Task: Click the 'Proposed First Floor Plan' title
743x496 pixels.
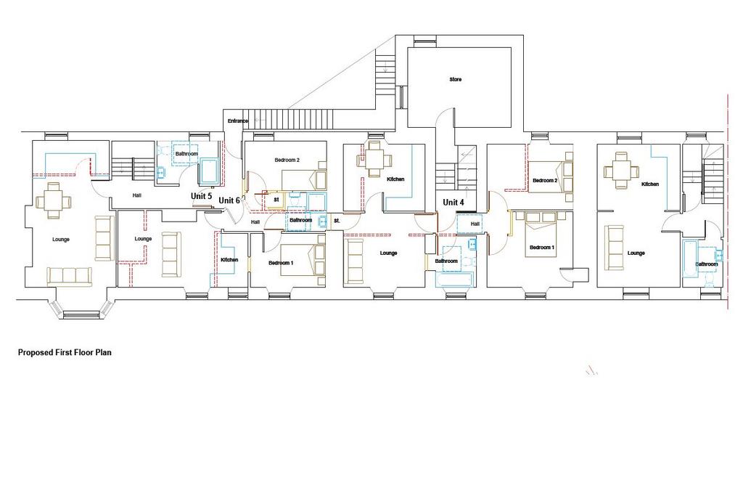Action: pyautogui.click(x=65, y=352)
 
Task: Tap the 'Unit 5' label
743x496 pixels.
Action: pyautogui.click(x=202, y=196)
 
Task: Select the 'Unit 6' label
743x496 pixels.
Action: pyautogui.click(x=229, y=200)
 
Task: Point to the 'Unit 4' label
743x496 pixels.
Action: pyautogui.click(x=453, y=203)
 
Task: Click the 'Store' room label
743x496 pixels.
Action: pyautogui.click(x=456, y=79)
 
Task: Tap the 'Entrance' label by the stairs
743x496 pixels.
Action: pyautogui.click(x=237, y=121)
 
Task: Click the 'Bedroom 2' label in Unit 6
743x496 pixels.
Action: pyautogui.click(x=287, y=160)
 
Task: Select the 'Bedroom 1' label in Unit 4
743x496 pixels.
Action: pyautogui.click(x=542, y=248)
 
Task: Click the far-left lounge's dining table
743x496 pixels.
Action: pyautogui.click(x=54, y=201)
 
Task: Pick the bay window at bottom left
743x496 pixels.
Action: pyautogui.click(x=81, y=309)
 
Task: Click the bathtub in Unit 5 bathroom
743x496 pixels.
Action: pyautogui.click(x=209, y=171)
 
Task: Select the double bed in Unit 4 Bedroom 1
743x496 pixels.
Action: pyautogui.click(x=542, y=235)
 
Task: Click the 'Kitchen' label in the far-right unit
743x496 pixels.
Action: pyautogui.click(x=650, y=184)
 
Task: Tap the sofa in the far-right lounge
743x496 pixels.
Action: pyautogui.click(x=614, y=248)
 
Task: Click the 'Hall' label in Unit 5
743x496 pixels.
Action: pyautogui.click(x=137, y=195)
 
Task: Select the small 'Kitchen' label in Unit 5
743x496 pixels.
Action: pyautogui.click(x=229, y=260)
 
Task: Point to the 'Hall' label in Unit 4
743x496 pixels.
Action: pyautogui.click(x=475, y=224)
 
